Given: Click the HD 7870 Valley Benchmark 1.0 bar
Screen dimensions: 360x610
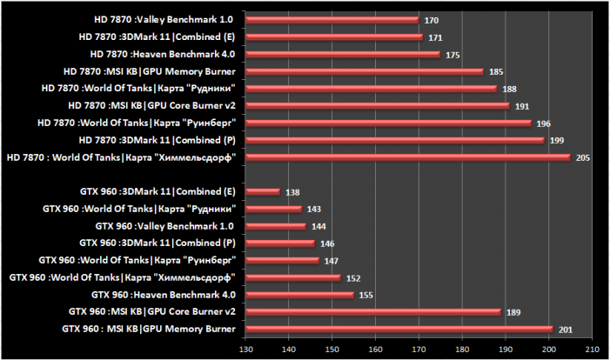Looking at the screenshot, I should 332,20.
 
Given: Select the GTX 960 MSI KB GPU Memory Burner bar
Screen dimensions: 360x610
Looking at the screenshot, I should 399,329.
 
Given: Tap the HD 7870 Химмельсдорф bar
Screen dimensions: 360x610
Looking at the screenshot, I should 407,157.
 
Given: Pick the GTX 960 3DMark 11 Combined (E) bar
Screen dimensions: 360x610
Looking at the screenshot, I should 263,191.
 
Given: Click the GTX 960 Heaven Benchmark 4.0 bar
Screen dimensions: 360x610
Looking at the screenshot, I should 299,295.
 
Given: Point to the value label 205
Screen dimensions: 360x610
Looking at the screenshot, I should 583,157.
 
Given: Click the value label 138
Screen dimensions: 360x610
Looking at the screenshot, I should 292,191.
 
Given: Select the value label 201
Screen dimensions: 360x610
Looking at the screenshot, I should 566,329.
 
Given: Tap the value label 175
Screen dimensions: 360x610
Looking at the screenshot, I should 452,54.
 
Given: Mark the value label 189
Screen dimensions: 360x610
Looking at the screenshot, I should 513,311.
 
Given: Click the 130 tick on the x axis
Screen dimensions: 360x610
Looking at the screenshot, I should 245,350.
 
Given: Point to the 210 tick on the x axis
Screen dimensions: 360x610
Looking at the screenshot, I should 592,350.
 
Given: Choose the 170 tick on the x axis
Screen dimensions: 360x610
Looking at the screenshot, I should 419,350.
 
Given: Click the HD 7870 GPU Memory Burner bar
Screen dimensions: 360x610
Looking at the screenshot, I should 364,71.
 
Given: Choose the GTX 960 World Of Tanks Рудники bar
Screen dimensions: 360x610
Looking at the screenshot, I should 273,209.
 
